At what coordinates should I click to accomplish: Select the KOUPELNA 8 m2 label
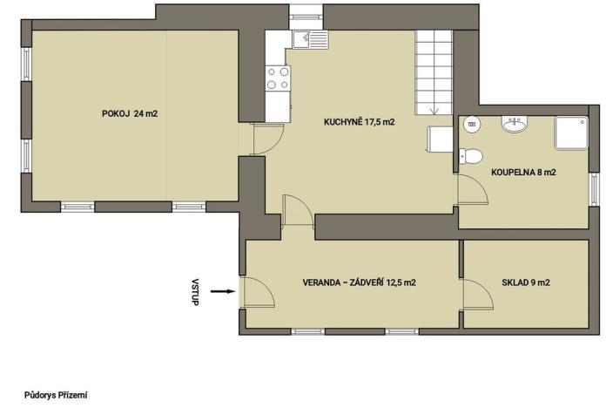[x=523, y=172]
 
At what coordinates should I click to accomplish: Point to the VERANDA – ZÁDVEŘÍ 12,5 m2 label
[x=359, y=282]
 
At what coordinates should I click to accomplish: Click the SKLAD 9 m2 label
[x=526, y=282]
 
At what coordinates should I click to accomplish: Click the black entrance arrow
[x=222, y=292]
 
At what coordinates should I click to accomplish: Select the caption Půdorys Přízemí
[x=57, y=395]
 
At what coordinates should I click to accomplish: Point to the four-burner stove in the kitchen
[x=279, y=78]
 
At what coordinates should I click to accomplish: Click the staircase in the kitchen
[x=434, y=70]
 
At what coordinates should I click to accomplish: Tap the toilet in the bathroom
[x=472, y=157]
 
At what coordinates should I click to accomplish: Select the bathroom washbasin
[x=514, y=125]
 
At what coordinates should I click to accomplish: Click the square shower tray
[x=571, y=131]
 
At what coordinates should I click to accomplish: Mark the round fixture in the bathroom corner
[x=472, y=124]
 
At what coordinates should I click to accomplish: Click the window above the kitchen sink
[x=306, y=12]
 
